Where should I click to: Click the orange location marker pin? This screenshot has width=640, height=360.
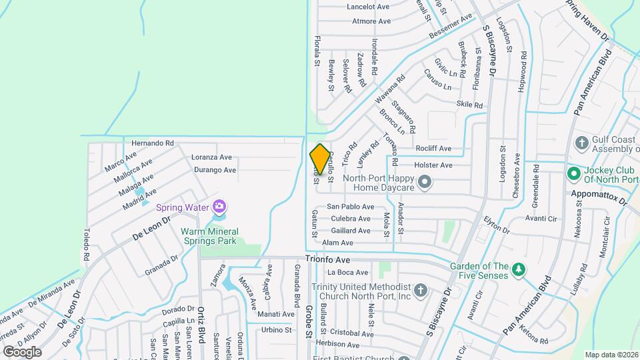tap(320, 159)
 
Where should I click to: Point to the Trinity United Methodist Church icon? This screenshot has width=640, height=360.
tap(420, 289)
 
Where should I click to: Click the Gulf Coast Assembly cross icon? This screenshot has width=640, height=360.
tap(581, 142)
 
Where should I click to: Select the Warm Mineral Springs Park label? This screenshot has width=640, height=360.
tap(209, 237)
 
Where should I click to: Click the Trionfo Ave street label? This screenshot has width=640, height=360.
tap(328, 259)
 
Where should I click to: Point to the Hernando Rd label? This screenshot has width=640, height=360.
tap(152, 143)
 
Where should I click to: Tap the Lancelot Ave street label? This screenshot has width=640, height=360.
tap(367, 7)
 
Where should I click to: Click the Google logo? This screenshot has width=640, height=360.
tap(22, 351)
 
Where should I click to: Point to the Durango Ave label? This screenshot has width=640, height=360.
tap(215, 170)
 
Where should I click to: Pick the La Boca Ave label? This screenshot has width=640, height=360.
tap(347, 273)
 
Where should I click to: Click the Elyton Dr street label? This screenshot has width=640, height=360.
tap(496, 225)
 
